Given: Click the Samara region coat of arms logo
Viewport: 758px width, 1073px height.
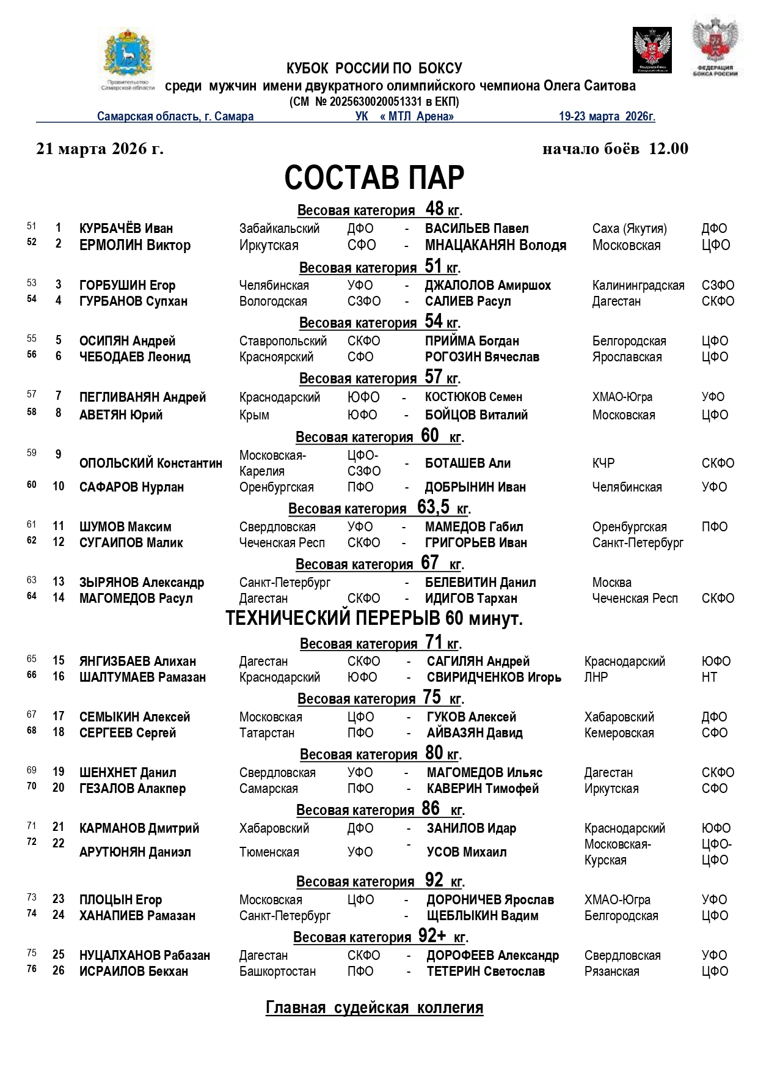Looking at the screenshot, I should pos(127,58).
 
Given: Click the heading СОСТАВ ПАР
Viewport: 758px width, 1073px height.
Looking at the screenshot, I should pos(374,177).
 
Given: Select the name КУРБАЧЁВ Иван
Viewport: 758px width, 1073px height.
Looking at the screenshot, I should pos(126,229).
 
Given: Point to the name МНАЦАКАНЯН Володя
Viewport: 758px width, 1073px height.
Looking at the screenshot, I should pos(495,245).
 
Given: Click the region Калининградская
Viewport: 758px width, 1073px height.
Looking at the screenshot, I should pos(638,286).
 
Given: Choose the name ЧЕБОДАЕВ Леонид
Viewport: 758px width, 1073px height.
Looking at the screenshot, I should pos(134,357).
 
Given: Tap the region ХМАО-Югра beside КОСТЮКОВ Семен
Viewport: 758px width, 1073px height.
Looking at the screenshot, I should pos(622,397).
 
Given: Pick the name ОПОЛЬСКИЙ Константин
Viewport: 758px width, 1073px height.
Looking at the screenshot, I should pos(150,463).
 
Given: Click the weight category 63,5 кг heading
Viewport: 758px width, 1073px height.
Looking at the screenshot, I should pos(379,508).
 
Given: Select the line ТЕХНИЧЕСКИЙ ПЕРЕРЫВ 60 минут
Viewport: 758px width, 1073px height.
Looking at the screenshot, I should pos(374,619).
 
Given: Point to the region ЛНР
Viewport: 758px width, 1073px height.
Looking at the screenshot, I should pos(596,677).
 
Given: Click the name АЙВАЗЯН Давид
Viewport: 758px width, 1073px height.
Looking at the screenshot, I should pos(475,733).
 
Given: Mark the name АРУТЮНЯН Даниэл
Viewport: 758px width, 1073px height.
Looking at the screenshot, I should pos(135,852).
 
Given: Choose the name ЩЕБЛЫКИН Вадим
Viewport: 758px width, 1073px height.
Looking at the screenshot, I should pos(483,916).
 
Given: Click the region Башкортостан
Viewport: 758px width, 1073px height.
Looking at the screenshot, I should pos(277,972).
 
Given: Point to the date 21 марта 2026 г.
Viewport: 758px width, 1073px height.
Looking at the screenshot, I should pos(100,149).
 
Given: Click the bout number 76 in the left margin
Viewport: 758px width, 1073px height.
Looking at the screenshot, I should pos(32,969).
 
